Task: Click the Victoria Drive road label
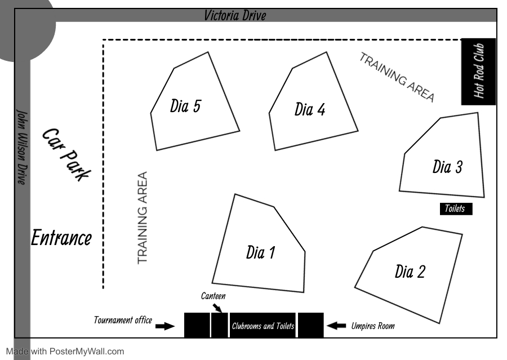point(235,15)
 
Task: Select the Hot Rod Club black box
point(478,72)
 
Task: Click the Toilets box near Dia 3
point(455,209)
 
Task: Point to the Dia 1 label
point(260,253)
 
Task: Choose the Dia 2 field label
point(410,272)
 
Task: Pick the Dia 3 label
point(447,167)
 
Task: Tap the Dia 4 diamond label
point(310,109)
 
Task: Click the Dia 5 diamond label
point(185,106)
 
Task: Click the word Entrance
point(61,238)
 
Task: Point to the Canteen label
point(213,296)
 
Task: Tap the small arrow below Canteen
point(218,307)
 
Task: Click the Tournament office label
point(123,321)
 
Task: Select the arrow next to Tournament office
point(164,326)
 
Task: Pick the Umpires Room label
point(373,326)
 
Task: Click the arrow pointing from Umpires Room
point(336,325)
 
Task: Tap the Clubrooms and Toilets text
point(263,326)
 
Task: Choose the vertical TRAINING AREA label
point(143,218)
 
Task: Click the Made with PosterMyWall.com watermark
point(65,352)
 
